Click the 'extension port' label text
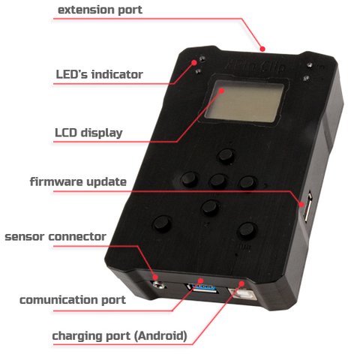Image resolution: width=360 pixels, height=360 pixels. [100, 10]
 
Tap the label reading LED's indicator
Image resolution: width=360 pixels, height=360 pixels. [100, 74]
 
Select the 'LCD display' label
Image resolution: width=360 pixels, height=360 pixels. [88, 133]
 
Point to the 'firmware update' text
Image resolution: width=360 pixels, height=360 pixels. [78, 182]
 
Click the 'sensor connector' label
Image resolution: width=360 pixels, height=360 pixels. [55, 236]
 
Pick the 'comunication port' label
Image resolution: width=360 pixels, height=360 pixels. [73, 300]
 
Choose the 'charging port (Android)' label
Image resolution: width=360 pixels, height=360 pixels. [119, 336]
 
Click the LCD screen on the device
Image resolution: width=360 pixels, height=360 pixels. [244, 101]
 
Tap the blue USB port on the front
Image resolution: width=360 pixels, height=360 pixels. [204, 289]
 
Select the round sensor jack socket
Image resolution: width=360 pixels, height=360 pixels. [158, 284]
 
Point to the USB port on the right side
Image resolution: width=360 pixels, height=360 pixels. [308, 206]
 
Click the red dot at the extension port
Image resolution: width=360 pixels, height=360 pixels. [262, 49]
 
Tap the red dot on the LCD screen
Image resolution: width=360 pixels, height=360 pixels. [221, 90]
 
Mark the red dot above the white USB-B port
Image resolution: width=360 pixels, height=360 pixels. [241, 283]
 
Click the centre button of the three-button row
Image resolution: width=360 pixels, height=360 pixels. [218, 181]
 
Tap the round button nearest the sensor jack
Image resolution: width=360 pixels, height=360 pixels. [162, 223]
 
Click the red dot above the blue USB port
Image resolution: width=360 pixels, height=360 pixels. [201, 280]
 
